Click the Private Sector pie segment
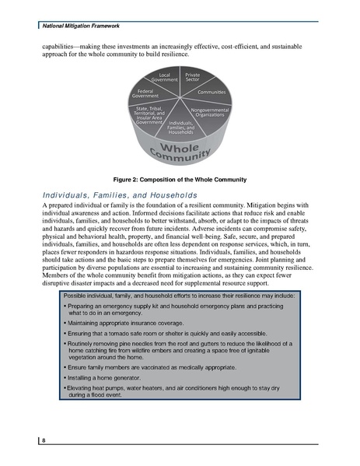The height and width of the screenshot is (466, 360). (x=193, y=79)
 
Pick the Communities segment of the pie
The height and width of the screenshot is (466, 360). (x=211, y=93)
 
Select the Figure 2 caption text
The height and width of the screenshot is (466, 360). (x=180, y=180)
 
